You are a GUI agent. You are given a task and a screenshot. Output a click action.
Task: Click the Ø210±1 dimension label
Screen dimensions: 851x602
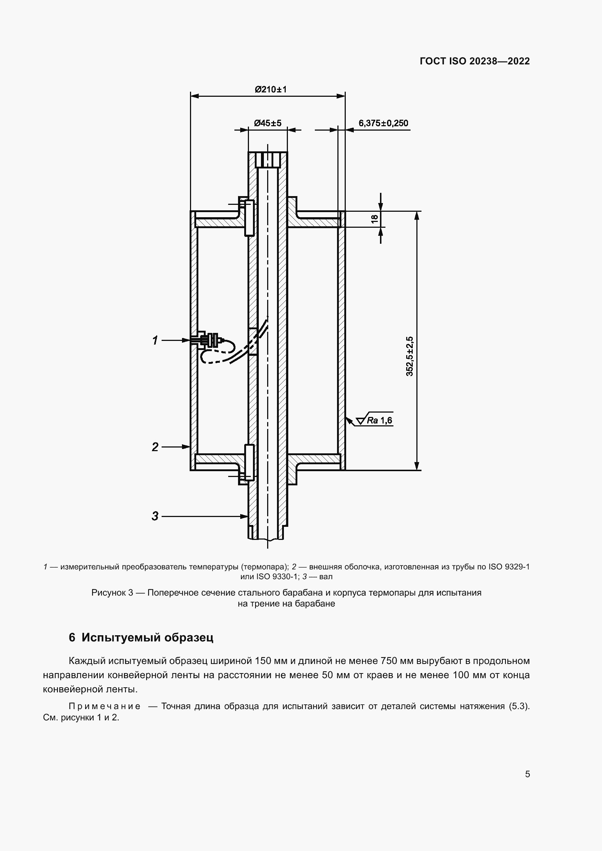click(270, 90)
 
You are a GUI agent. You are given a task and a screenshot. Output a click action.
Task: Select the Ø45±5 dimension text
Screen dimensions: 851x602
click(268, 123)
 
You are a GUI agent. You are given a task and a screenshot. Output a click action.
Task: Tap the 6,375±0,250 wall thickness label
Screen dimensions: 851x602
click(383, 123)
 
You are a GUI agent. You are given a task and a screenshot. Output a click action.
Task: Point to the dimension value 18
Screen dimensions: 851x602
click(375, 219)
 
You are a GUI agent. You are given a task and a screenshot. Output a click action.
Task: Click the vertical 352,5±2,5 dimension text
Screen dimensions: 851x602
click(409, 356)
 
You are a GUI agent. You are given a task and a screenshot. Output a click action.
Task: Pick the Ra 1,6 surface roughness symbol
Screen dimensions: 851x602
click(375, 420)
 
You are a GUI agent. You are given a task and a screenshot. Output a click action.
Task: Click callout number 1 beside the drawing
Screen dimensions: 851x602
click(155, 340)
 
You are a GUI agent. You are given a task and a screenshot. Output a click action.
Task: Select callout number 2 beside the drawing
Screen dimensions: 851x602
click(155, 447)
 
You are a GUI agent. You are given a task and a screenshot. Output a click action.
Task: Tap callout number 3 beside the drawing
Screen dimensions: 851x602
click(155, 516)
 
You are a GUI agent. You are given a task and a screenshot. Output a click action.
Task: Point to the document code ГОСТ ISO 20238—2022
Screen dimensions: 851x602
click(475, 61)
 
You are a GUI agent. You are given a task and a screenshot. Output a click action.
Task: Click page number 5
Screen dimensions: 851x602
click(527, 774)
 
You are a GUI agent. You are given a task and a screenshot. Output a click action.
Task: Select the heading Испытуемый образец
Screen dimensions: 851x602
click(147, 637)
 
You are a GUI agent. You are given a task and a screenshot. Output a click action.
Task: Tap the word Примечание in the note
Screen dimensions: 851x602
click(104, 706)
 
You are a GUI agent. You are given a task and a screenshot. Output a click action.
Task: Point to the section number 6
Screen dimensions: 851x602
click(72, 637)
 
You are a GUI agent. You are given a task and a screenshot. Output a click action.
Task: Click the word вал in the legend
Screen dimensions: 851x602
click(326, 577)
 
